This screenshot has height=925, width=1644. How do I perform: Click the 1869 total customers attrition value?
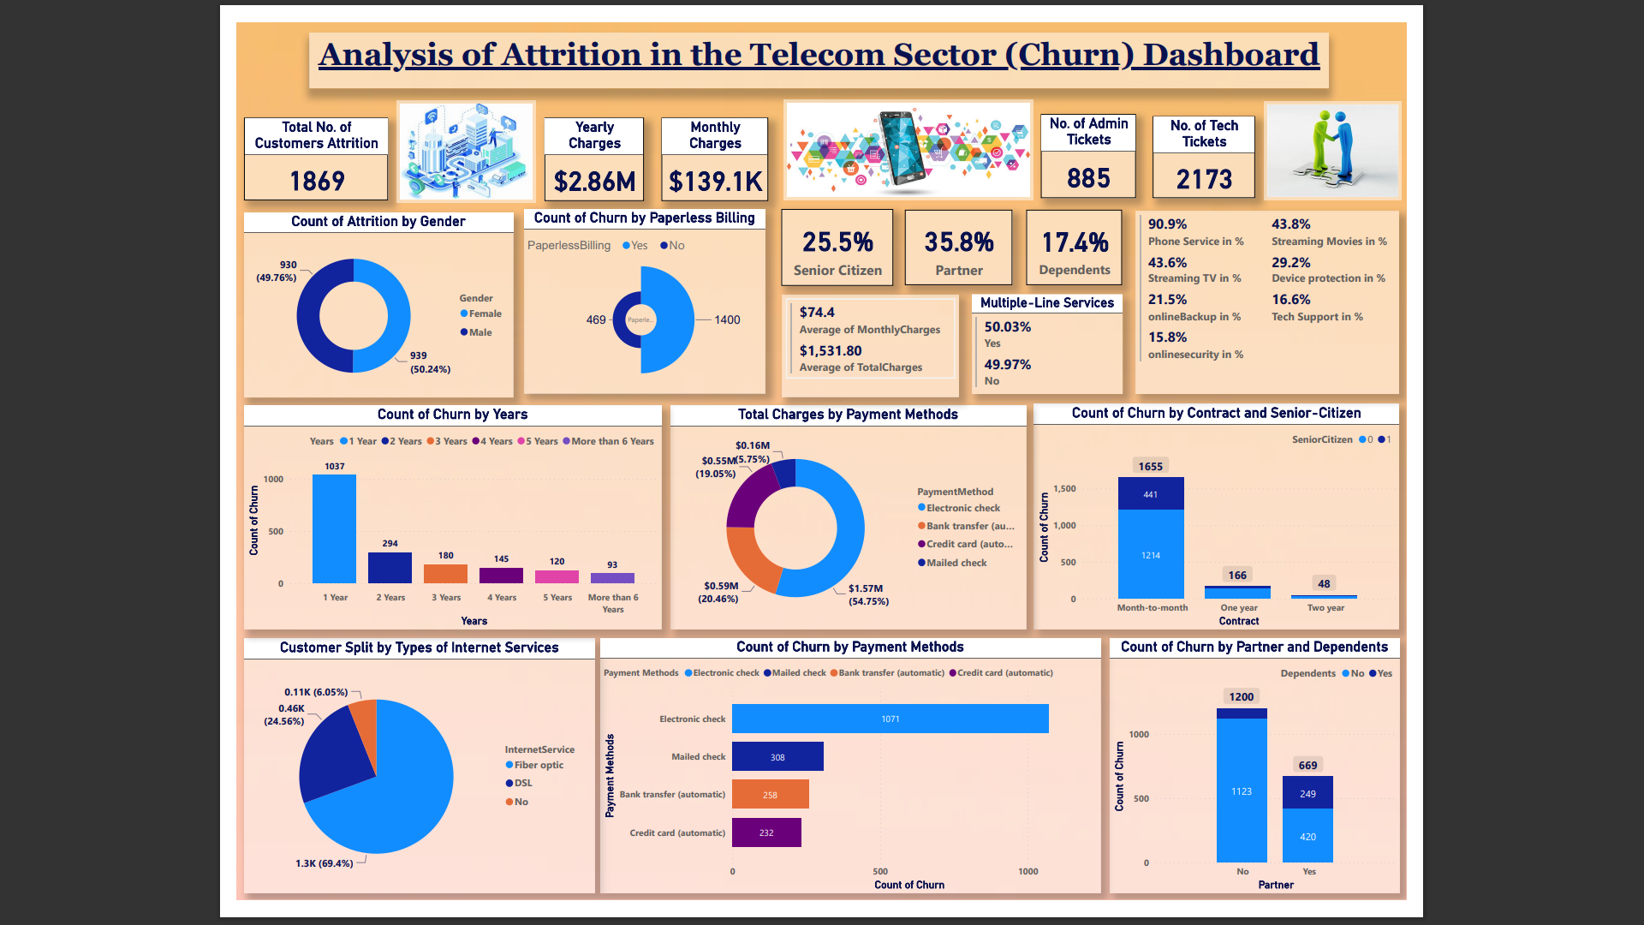coord(317,181)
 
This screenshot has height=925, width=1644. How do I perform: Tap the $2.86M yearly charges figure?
coord(594,182)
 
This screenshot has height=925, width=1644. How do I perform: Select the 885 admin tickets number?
coord(1088,178)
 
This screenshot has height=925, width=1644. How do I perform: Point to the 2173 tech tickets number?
coord(1204,179)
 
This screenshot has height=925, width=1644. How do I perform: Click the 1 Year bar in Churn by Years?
coord(334,528)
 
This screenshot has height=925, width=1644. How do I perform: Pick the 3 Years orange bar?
coord(445,574)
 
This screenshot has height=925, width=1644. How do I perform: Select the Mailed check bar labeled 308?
coord(777,757)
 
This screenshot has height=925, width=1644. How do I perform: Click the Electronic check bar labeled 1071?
coord(890,719)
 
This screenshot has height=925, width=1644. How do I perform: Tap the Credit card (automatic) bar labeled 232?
coord(766,832)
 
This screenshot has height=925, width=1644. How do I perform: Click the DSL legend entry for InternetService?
coord(522,783)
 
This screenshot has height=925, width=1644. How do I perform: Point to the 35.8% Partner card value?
coord(959,242)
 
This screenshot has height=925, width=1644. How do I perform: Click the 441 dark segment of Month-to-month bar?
coord(1151,494)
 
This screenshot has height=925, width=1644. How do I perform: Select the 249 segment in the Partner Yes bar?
coord(1307,793)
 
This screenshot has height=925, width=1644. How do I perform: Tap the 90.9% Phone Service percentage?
coord(1167,224)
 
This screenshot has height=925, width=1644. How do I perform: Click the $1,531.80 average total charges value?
coord(831,351)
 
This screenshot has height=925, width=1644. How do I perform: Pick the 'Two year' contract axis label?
coord(1325,608)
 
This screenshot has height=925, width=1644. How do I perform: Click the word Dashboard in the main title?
coord(1230,55)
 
